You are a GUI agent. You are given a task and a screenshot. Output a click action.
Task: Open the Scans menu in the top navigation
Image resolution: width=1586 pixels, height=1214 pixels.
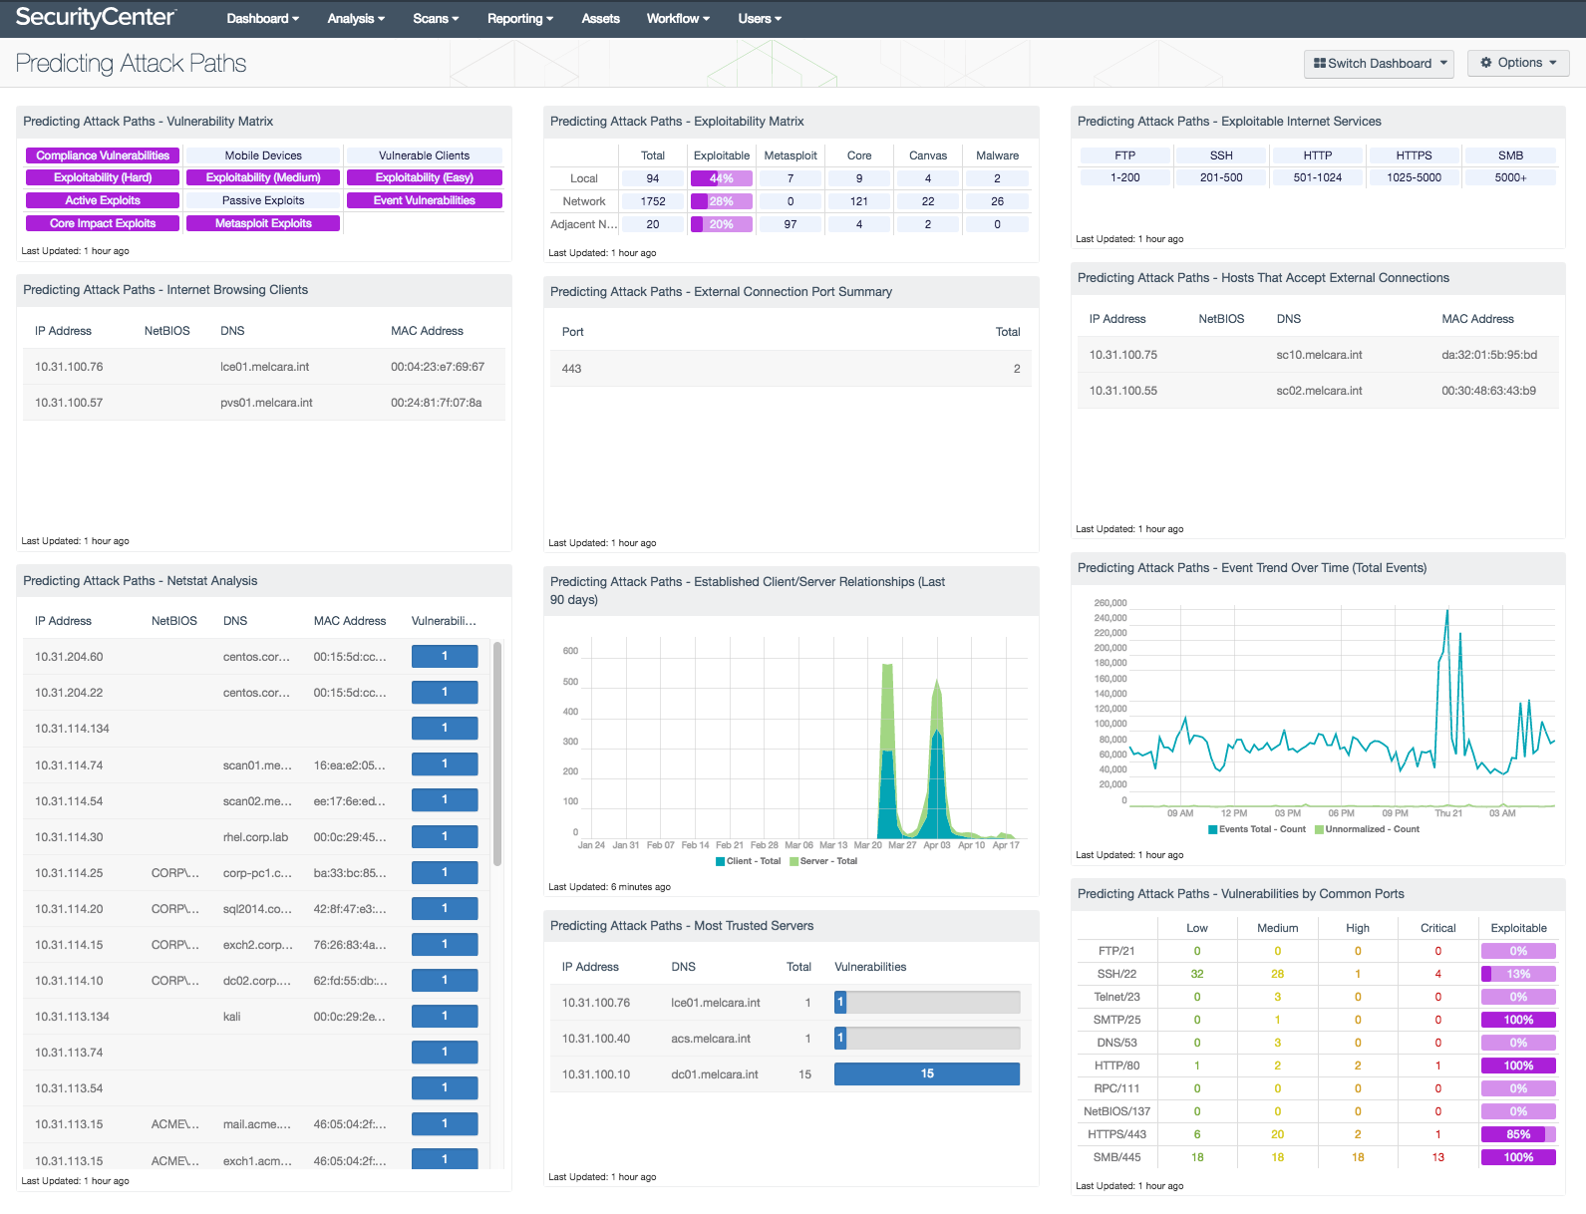(x=435, y=18)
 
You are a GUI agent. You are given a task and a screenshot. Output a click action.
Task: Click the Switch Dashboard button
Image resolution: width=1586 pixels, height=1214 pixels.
(x=1378, y=64)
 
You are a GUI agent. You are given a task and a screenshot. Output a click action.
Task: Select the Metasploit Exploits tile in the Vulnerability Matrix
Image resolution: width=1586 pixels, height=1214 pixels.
(x=263, y=223)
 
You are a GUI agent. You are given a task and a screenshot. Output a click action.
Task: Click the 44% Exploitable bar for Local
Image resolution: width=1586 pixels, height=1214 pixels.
(x=721, y=178)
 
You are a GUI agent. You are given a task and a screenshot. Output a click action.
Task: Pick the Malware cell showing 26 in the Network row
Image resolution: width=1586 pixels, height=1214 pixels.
(x=997, y=201)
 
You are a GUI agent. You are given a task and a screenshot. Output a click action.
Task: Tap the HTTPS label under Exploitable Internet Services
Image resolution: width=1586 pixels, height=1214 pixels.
(x=1414, y=155)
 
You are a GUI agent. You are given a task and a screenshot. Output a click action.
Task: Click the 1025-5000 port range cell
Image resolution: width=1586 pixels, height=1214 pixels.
(x=1414, y=177)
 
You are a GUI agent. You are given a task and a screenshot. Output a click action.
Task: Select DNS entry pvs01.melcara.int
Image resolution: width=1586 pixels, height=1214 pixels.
(x=266, y=402)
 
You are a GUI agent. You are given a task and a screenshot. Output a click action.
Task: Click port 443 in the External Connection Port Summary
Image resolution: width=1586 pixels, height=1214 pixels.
(x=571, y=369)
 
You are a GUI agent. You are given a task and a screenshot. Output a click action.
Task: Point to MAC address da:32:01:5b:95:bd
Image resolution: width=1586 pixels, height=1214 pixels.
(x=1489, y=355)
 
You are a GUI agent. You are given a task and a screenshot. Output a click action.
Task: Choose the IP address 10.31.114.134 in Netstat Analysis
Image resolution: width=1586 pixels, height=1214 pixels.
(x=72, y=729)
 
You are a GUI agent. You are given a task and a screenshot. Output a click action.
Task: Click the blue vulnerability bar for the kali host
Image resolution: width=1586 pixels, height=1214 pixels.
(x=445, y=1016)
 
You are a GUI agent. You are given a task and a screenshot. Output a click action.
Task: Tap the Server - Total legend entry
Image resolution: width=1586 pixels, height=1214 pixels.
(x=823, y=861)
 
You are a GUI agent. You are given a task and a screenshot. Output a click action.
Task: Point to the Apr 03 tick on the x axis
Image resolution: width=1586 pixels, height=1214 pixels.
(x=936, y=845)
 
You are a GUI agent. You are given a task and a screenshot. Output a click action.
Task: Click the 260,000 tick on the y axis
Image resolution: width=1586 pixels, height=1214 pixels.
(x=1110, y=603)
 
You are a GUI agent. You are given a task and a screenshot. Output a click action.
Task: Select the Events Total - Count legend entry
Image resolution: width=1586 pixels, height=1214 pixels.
(x=1257, y=829)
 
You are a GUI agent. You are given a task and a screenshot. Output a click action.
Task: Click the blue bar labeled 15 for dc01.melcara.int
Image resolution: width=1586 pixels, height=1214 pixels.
(x=927, y=1073)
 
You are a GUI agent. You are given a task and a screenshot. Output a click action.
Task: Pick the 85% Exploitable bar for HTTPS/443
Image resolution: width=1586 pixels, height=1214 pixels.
(x=1518, y=1134)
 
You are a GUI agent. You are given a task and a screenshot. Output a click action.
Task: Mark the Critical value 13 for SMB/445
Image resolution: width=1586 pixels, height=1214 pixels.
(x=1437, y=1157)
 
